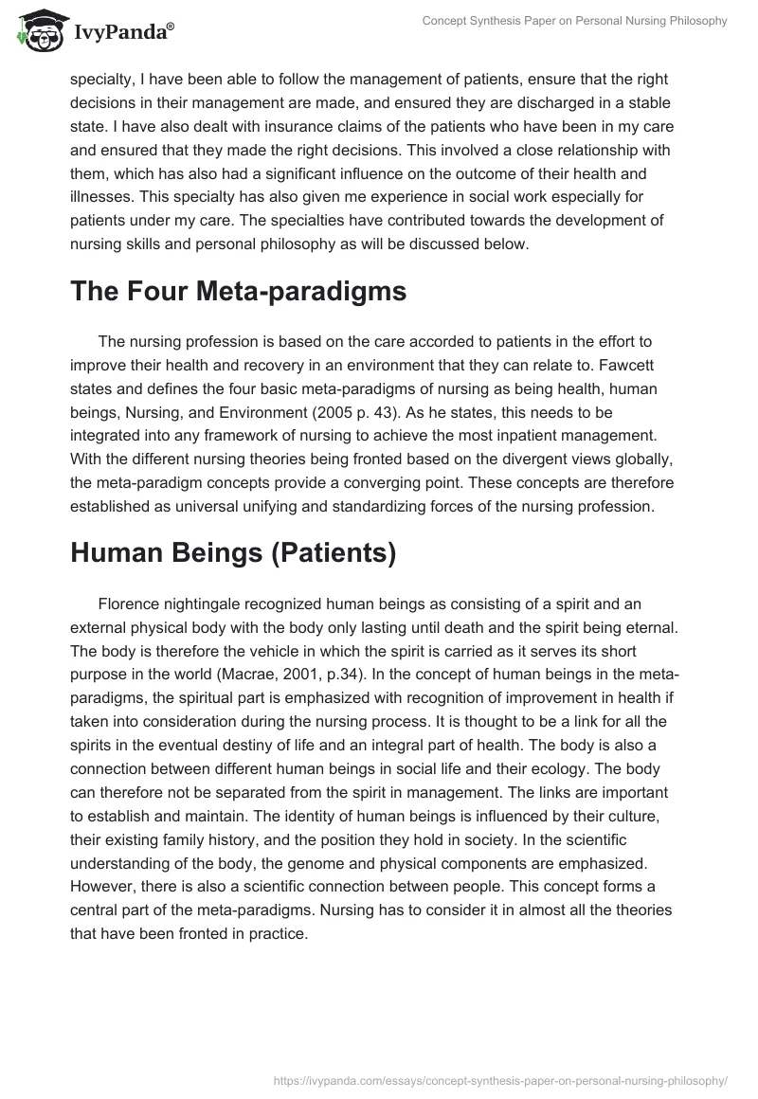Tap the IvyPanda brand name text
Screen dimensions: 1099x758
click(122, 33)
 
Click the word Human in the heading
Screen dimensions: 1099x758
click(120, 552)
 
